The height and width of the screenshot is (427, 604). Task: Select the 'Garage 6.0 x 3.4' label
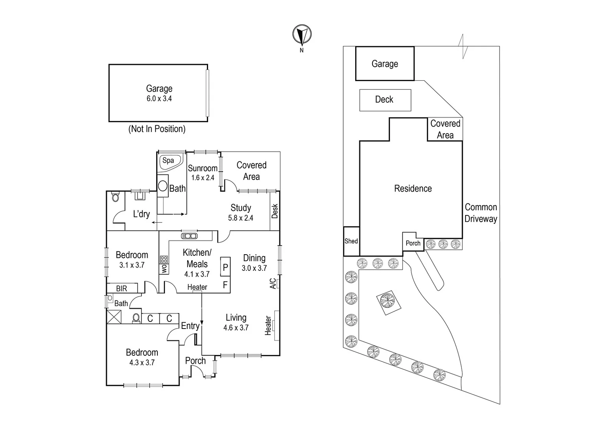coord(159,93)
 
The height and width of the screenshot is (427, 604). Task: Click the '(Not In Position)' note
coord(157,129)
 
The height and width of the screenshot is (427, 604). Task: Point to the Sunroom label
coord(203,173)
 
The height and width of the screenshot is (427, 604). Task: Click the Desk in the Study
coord(275,211)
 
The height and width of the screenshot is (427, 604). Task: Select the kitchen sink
coord(189,236)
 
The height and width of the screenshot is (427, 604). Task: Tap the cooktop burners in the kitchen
coord(164,259)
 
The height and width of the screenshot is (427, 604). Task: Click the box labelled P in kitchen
coord(225,268)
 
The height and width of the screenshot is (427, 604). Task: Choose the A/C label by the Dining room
coord(273,283)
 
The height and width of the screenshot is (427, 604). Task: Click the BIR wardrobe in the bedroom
coord(122,288)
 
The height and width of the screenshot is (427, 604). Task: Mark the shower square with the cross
coord(114,317)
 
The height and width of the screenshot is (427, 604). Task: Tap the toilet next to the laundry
coord(115,197)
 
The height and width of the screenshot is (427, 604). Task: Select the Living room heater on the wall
coord(276,325)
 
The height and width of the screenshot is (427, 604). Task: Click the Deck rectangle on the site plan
coord(385,100)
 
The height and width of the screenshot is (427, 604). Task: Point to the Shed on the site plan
coord(351,241)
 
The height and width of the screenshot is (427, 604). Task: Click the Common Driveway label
coord(481,213)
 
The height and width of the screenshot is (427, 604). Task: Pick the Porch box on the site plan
coord(413,243)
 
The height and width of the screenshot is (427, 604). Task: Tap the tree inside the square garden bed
coord(387,301)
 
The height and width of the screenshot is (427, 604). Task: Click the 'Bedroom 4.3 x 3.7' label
coord(142,357)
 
